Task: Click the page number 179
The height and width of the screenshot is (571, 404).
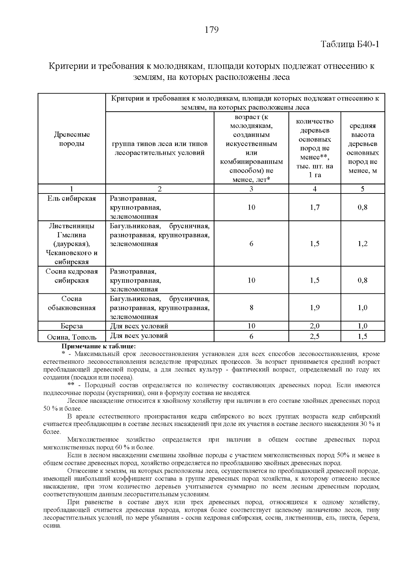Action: (212, 30)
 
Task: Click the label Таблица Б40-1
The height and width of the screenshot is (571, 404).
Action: (350, 44)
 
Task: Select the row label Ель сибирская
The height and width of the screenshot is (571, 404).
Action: (72, 199)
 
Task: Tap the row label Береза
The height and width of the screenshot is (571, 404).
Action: (72, 326)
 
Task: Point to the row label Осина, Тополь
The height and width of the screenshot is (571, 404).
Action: (72, 337)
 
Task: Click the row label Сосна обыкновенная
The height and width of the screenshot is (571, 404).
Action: (72, 303)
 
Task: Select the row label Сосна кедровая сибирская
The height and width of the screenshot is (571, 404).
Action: (72, 276)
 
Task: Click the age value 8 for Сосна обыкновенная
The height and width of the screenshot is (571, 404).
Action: (251, 308)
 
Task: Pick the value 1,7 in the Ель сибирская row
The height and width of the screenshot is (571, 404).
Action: (314, 207)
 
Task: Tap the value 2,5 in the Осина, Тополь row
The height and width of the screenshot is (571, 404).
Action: (314, 336)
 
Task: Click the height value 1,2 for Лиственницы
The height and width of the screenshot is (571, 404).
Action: (363, 244)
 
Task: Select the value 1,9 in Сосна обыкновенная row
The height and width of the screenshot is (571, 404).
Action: (314, 308)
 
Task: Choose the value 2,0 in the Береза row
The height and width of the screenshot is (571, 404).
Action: (314, 326)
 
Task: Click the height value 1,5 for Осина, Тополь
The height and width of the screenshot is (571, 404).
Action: (363, 336)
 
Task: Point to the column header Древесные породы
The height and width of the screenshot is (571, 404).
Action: (72, 139)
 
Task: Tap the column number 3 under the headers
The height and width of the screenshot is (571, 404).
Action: (251, 189)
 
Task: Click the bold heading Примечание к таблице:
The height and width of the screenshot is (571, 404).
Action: (98, 346)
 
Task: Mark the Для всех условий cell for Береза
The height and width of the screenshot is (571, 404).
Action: (139, 326)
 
